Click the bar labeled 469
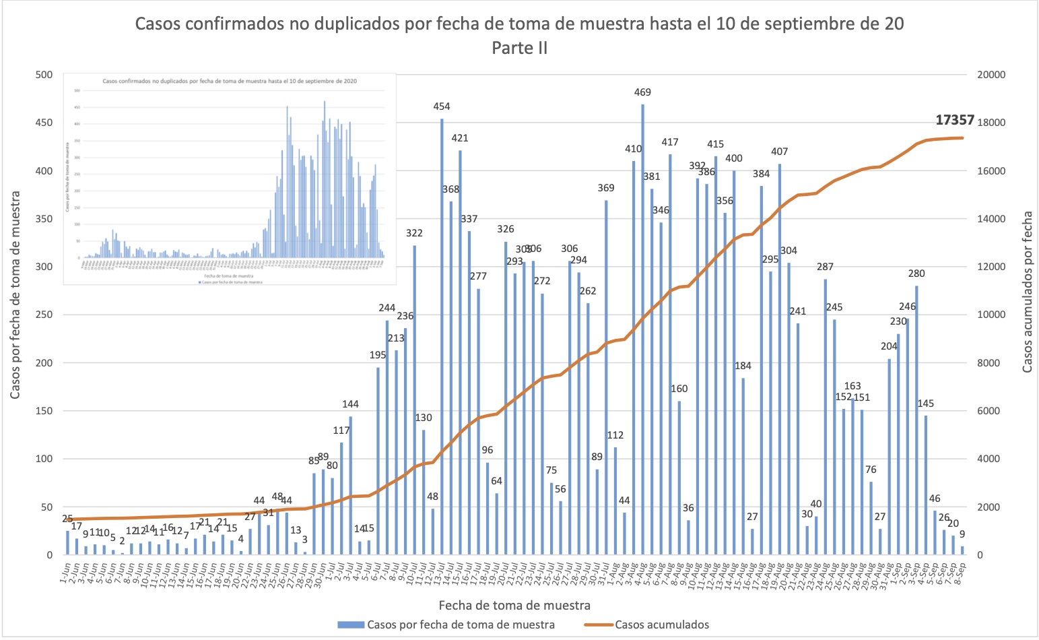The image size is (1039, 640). click(x=642, y=329)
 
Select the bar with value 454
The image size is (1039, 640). click(x=442, y=337)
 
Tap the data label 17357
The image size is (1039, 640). click(x=955, y=120)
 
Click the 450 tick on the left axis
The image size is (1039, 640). click(x=44, y=123)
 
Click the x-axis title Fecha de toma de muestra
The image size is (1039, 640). click(x=514, y=605)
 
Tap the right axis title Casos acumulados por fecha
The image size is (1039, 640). click(x=1027, y=292)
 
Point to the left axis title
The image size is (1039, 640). click(x=15, y=294)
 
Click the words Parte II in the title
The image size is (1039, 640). click(x=519, y=48)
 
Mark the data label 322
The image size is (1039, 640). click(x=414, y=233)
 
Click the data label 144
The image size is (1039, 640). click(x=350, y=404)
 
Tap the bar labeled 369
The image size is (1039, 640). click(x=606, y=377)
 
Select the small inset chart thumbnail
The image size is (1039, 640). click(x=229, y=179)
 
